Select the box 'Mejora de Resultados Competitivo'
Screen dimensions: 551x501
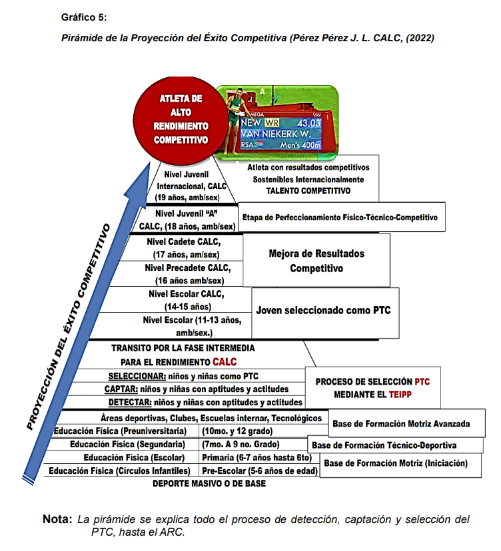[316, 262]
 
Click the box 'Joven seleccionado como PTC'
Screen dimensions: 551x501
[324, 310]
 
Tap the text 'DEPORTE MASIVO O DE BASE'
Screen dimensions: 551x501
[209, 484]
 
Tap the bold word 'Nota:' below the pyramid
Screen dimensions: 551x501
[57, 519]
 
